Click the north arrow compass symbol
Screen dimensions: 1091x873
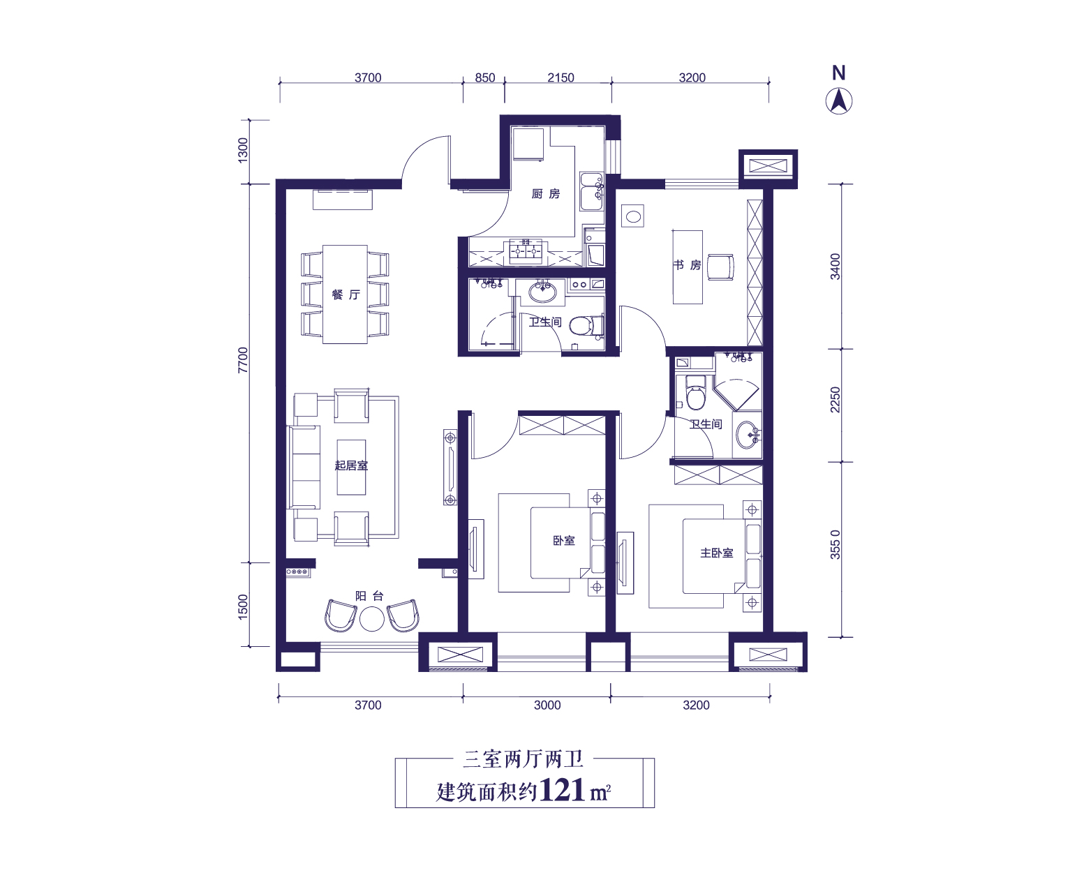(x=838, y=101)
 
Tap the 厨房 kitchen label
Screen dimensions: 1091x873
(x=546, y=194)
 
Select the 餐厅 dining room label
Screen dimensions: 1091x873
(x=346, y=294)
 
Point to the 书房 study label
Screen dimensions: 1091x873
(x=687, y=265)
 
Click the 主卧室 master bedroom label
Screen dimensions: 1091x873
(x=716, y=553)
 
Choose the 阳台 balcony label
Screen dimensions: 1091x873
(x=369, y=596)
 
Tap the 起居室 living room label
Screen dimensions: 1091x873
(x=351, y=465)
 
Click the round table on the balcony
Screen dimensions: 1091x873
(x=372, y=619)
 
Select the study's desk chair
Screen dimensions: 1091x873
(x=720, y=267)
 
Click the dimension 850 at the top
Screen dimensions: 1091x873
(x=485, y=77)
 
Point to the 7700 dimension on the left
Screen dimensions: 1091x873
(x=244, y=360)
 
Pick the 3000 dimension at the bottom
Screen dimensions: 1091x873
(x=547, y=706)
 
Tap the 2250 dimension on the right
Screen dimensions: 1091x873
(x=835, y=399)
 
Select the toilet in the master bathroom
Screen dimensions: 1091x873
(x=695, y=392)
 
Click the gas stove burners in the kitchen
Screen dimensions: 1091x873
(x=526, y=251)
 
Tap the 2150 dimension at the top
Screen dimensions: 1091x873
(x=561, y=77)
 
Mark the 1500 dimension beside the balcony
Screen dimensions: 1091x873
(x=244, y=606)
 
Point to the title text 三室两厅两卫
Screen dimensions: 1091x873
(x=524, y=759)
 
